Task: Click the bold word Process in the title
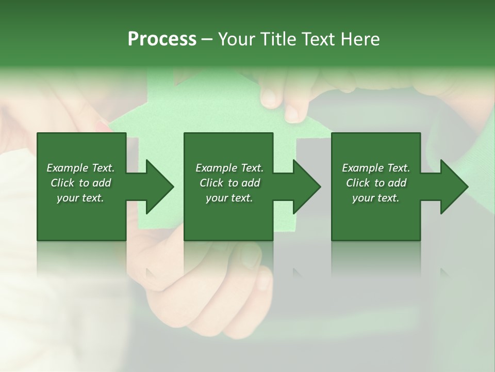[162, 39]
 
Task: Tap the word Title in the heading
[275, 39]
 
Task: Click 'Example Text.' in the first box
[80, 168]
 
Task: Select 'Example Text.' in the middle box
[229, 168]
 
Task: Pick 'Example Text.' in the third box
[376, 168]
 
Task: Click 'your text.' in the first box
[80, 198]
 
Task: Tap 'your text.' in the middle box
[229, 198]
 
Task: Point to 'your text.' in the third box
[376, 198]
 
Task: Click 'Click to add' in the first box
[80, 183]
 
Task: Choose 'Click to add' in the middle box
[229, 183]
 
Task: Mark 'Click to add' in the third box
[376, 183]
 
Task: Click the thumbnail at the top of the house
[269, 97]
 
